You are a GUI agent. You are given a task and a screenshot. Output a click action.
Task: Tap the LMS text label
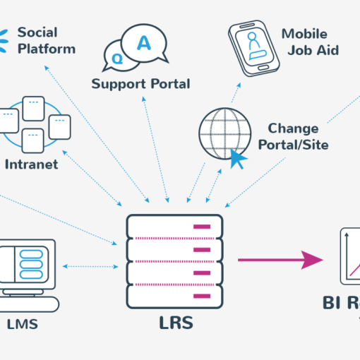tap(22, 325)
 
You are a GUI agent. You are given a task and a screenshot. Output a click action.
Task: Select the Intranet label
tap(31, 164)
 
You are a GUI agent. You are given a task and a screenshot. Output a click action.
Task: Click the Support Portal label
tap(140, 84)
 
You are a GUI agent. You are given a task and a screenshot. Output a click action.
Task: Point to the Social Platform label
tap(46, 40)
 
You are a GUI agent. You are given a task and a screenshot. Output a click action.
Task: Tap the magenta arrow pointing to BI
tap(280, 260)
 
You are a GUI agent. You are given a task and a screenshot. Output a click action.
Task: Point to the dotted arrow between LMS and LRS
tap(90, 267)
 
